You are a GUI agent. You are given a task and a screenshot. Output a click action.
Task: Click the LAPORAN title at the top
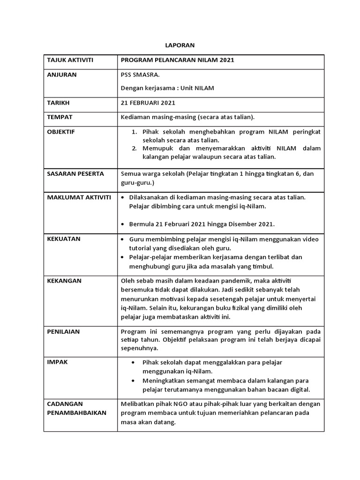(x=180, y=45)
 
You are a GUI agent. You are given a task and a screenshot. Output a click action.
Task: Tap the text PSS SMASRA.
(x=140, y=75)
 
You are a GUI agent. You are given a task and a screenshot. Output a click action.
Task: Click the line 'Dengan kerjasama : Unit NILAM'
(x=167, y=88)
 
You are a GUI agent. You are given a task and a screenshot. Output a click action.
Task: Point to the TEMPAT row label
(x=60, y=117)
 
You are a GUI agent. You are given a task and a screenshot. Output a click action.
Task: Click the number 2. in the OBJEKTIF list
(x=134, y=149)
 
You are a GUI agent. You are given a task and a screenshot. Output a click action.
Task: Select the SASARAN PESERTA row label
(x=75, y=174)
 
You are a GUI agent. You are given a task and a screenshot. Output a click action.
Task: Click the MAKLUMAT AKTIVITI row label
(x=79, y=197)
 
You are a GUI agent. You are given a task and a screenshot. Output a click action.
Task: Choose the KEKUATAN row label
(x=64, y=239)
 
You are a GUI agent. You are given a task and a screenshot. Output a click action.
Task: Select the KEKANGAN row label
(x=64, y=281)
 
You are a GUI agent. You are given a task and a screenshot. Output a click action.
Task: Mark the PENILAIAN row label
(x=63, y=331)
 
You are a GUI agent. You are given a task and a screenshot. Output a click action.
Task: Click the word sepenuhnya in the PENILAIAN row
(x=140, y=349)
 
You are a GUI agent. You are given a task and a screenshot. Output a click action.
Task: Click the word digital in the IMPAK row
(x=300, y=390)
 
